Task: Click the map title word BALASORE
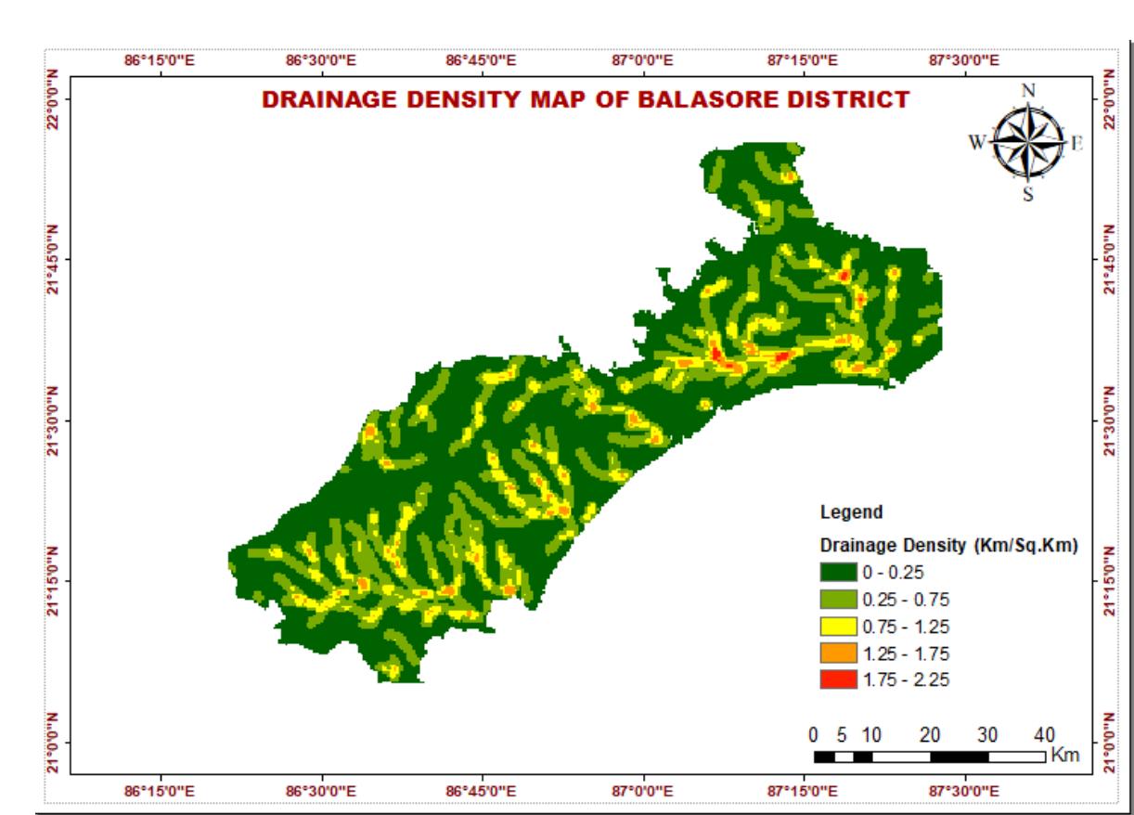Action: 687,100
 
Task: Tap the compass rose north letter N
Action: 1027,91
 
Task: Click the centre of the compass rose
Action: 1027,142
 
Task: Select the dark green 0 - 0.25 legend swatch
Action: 839,572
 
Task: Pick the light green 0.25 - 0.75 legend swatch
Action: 839,599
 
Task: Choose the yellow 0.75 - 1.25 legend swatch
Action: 839,626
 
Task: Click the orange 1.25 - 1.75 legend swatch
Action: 839,653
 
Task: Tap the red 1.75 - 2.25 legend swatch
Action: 839,680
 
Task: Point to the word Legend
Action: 852,511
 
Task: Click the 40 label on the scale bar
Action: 1044,735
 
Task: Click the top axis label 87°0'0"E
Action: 643,61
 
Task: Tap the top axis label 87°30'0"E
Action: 964,61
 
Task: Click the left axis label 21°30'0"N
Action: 54,420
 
